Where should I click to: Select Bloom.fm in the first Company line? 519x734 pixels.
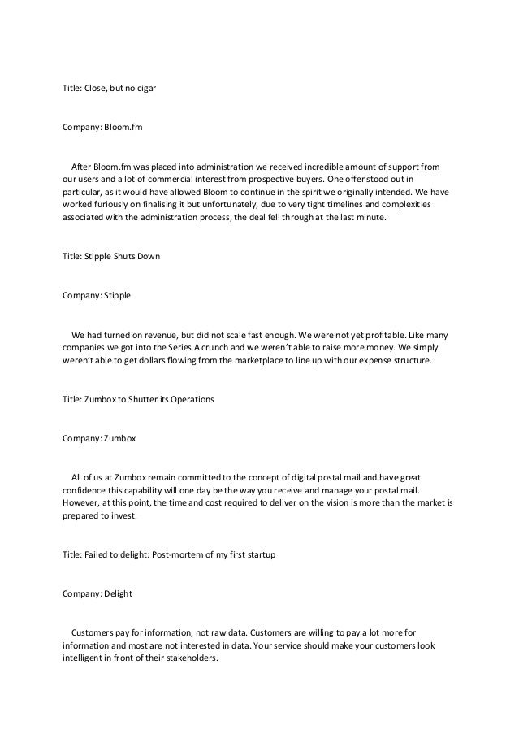(124, 128)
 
